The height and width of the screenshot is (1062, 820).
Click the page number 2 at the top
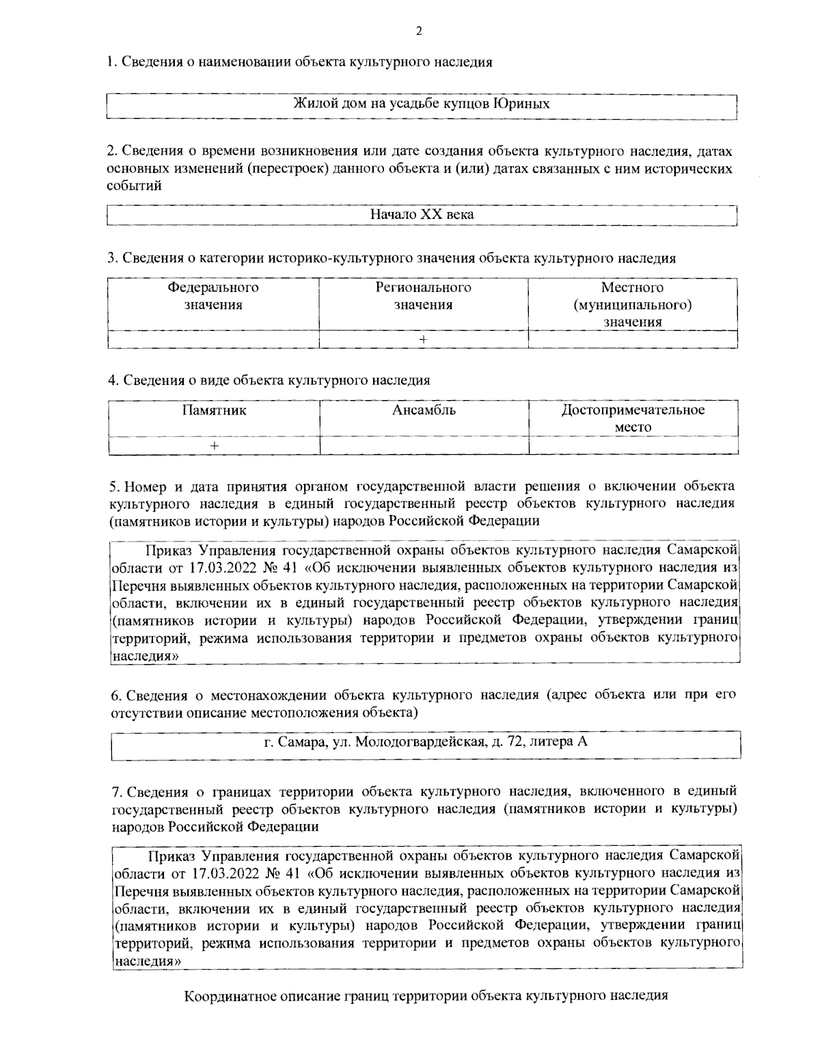click(x=418, y=31)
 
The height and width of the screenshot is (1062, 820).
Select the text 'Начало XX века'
click(x=422, y=214)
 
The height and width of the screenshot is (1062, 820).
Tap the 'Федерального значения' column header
click(x=213, y=296)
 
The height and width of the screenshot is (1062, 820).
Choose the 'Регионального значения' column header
click(x=423, y=296)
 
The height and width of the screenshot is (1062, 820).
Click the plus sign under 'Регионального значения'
click(x=423, y=339)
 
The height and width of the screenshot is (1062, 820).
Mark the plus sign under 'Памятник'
click(x=214, y=445)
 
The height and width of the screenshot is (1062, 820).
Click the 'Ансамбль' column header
click(x=424, y=410)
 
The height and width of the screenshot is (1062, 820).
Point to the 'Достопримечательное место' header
click(x=633, y=419)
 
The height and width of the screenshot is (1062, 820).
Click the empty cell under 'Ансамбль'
click(x=424, y=445)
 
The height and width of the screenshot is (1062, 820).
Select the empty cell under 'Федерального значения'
click(x=213, y=339)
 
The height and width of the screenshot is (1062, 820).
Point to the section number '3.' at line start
click(x=113, y=258)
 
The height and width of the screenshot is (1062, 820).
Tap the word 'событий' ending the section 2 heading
click(x=134, y=185)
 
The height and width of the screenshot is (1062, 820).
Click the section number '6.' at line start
click(x=116, y=695)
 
